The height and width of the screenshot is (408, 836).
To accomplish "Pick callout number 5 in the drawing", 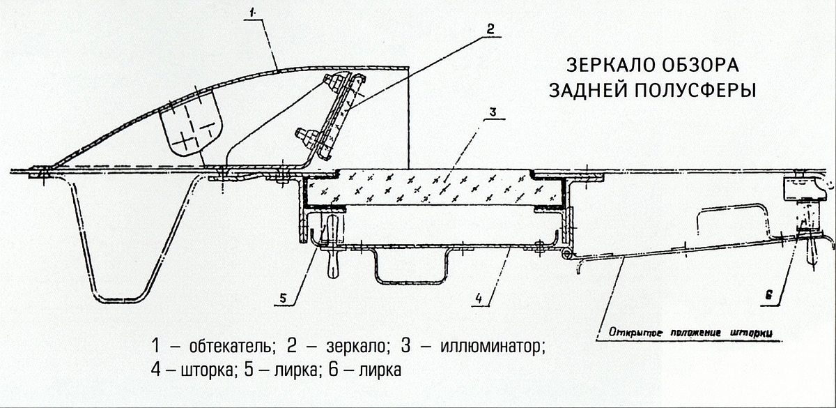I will (281, 299).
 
